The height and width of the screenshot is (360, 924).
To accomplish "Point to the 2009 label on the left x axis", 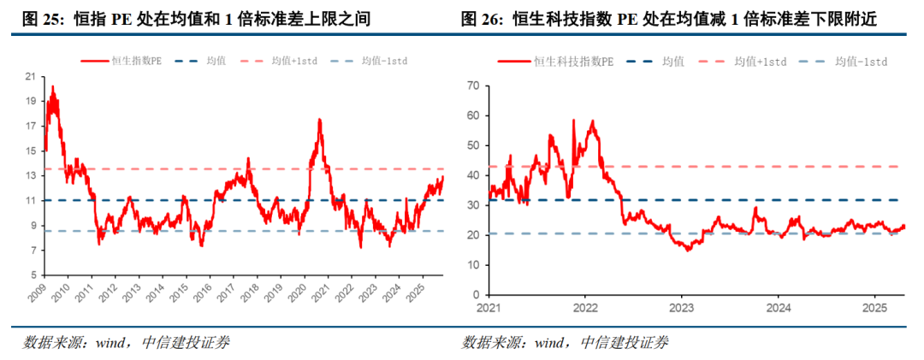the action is [x=37, y=292].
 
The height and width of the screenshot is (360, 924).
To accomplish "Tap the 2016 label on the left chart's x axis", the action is [x=203, y=292].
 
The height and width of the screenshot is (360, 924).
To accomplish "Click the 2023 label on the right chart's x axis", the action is [x=681, y=308].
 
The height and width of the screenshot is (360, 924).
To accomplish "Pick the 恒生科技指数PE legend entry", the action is [x=555, y=61].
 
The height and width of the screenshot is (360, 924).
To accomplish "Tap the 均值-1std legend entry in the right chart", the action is [x=843, y=61].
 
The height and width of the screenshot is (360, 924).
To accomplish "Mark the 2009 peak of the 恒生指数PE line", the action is [x=53, y=86].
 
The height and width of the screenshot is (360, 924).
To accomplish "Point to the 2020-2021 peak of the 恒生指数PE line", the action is [x=319, y=120].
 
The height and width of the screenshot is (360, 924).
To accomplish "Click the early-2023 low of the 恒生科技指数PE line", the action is [x=687, y=251].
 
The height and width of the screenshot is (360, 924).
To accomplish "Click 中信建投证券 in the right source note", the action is [x=625, y=342].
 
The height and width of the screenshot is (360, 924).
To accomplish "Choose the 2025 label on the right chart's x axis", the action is [x=874, y=308].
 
